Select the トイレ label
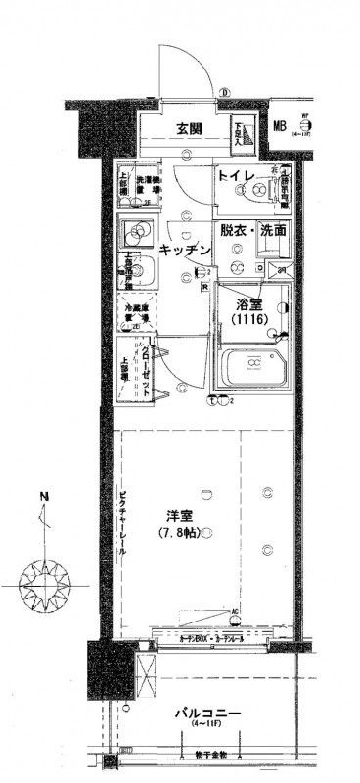237,178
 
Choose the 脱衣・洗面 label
252,232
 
